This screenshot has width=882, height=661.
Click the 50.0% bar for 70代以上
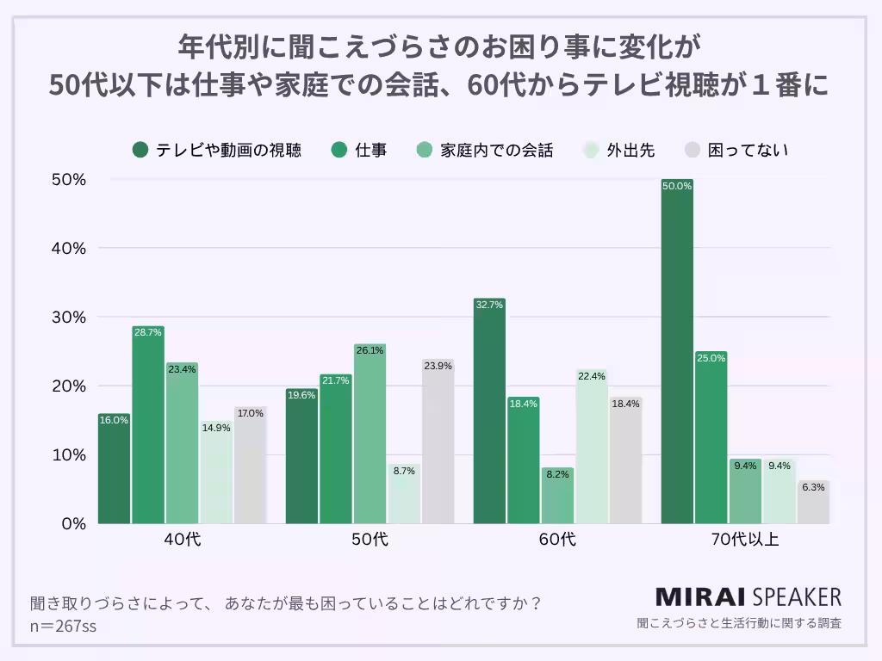677,353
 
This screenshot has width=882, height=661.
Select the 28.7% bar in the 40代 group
148,426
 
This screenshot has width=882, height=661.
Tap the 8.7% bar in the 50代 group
404,494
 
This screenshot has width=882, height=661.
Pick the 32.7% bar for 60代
489,411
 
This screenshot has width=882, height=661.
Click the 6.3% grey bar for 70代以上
813,503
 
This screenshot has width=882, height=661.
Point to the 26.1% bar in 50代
370,435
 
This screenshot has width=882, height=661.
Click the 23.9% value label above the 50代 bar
438,365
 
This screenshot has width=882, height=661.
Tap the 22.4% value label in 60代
592,375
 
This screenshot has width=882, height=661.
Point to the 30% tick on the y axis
69,317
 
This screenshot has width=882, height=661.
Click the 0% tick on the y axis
72,523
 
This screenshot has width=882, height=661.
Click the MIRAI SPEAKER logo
748,596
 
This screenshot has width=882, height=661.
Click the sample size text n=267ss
63,626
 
